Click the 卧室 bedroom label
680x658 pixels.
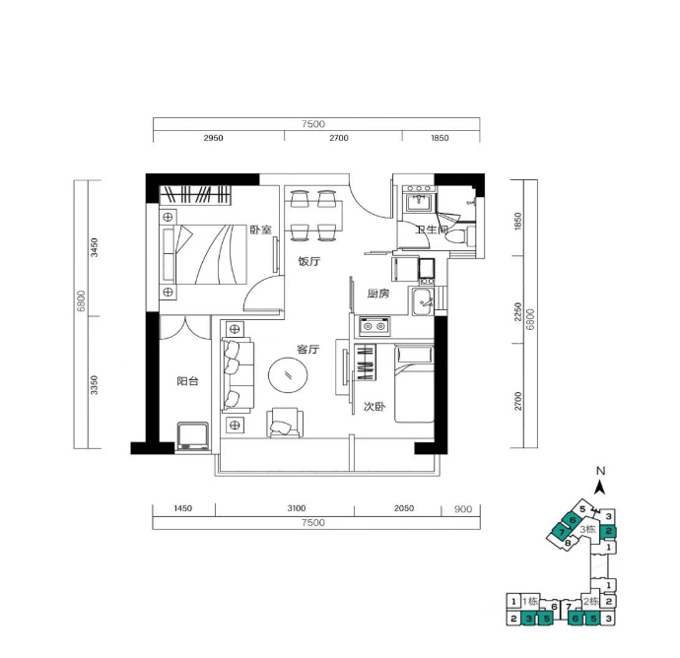[260, 230]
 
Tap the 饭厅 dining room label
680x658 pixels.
[309, 261]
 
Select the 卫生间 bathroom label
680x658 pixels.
[431, 230]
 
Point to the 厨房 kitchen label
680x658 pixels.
[378, 294]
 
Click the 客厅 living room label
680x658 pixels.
[308, 349]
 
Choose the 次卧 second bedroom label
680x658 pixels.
[374, 407]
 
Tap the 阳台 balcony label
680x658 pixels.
[188, 381]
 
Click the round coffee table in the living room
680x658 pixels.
[288, 375]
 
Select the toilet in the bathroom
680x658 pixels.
[456, 236]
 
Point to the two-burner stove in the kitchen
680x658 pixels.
[374, 326]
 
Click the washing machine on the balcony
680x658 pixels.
[193, 437]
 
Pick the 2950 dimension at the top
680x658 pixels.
[214, 138]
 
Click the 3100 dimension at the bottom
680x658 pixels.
[297, 508]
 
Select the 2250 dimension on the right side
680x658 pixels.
[517, 311]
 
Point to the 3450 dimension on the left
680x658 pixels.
[94, 247]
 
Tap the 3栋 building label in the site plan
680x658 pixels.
[588, 529]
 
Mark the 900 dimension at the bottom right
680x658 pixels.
[463, 509]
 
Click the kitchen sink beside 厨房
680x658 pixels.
[423, 301]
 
